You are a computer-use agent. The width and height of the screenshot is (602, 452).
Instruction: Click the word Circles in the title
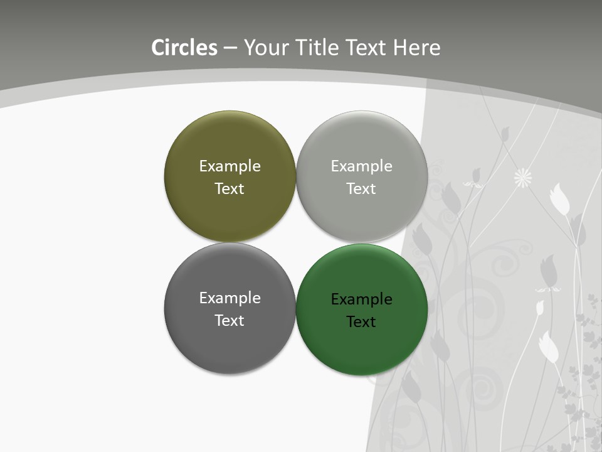pyautogui.click(x=184, y=48)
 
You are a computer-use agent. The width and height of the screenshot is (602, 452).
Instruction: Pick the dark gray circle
pyautogui.click(x=230, y=348)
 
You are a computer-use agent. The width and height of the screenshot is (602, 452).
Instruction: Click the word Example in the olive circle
pyautogui.click(x=230, y=166)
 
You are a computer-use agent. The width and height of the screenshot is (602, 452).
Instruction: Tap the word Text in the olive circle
pyautogui.click(x=230, y=188)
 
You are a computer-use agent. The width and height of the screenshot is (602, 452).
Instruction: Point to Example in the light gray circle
pyautogui.click(x=361, y=166)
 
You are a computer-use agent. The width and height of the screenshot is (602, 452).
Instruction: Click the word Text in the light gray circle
pyautogui.click(x=361, y=188)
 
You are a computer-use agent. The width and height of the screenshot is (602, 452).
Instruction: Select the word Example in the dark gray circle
pyautogui.click(x=230, y=298)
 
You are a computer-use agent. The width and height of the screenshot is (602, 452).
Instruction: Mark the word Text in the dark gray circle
pyautogui.click(x=230, y=320)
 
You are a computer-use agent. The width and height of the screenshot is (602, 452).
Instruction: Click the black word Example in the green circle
pyautogui.click(x=361, y=299)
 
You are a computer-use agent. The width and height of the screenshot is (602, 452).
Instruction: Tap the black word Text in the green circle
pyautogui.click(x=361, y=321)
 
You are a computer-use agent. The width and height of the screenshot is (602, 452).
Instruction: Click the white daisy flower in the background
pyautogui.click(x=523, y=178)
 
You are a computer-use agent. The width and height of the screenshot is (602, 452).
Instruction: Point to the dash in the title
pyautogui.click(x=230, y=48)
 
